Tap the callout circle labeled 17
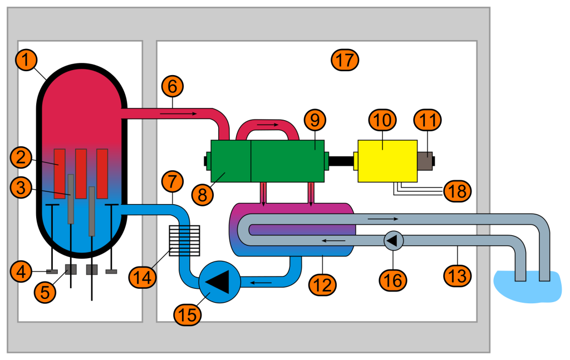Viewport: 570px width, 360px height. [345, 59]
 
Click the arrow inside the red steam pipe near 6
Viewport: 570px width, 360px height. [178, 114]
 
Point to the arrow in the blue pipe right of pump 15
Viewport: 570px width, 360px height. [261, 283]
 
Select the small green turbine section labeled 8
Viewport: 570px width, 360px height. [229, 161]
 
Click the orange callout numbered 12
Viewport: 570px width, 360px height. [324, 285]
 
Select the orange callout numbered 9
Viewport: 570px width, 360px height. [315, 120]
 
